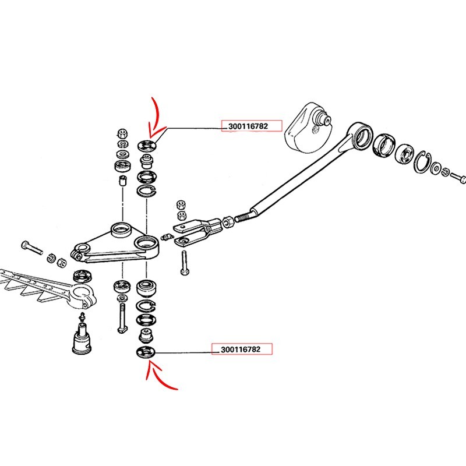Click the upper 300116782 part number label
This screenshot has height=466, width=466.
pyautogui.click(x=248, y=126)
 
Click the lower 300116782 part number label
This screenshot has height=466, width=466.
pyautogui.click(x=241, y=349)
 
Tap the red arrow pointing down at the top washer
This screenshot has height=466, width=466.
pyautogui.click(x=156, y=118)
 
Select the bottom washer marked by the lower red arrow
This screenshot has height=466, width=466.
pyautogui.click(x=146, y=353)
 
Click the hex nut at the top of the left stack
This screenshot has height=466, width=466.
pyautogui.click(x=122, y=133)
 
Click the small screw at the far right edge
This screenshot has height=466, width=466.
pyautogui.click(x=458, y=178)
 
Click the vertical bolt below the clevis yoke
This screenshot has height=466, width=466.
pyautogui.click(x=185, y=263)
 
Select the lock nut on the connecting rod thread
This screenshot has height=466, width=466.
pyautogui.click(x=228, y=222)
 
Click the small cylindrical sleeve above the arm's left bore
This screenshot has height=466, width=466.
pyautogui.click(x=122, y=181)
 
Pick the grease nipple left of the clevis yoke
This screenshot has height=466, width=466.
pyautogui.click(x=167, y=237)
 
